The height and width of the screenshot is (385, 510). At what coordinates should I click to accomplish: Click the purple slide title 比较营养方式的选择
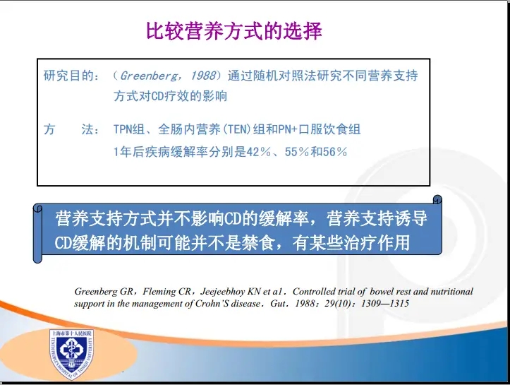point(234,32)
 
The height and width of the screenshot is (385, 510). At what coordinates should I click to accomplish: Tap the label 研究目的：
point(71,76)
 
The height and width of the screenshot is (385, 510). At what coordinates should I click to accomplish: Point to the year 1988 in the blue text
point(203,76)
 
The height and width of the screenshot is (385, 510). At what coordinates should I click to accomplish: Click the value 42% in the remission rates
point(259,152)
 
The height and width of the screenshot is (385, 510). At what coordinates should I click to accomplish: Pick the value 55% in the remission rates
point(297,152)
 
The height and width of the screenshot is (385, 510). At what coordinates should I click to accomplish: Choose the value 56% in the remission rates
point(334,152)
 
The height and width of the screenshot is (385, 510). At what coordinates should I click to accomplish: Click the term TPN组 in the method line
point(129,130)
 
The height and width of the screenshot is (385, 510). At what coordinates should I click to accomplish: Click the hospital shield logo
point(71,354)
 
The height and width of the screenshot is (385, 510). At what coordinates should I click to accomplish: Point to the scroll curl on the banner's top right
point(437,199)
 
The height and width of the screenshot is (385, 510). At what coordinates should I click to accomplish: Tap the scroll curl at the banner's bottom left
point(37,257)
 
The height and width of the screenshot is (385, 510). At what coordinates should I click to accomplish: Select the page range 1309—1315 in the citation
point(384,304)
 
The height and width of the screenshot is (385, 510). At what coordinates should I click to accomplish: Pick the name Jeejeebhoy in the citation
point(222,292)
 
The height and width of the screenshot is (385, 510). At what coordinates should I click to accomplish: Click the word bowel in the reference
point(382,291)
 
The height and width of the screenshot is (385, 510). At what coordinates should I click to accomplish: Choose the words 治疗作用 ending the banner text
point(377,242)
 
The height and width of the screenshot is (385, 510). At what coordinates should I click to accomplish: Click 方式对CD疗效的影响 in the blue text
point(170,96)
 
